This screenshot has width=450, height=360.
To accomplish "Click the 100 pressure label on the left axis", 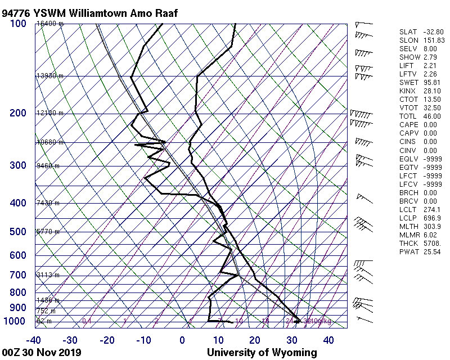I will (x=18, y=24).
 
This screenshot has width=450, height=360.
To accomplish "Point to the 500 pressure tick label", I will (x=18, y=232).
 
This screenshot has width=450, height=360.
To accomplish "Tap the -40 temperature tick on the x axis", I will (x=34, y=340).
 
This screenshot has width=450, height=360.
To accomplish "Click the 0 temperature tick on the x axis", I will (x=182, y=340).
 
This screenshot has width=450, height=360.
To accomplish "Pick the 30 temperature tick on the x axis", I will (x=292, y=340).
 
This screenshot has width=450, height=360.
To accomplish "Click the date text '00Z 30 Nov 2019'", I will (x=42, y=353).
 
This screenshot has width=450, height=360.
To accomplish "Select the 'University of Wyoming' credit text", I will (x=262, y=353).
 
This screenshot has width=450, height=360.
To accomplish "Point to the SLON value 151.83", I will (x=433, y=40).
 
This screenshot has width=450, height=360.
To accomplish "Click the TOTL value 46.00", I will (x=433, y=116).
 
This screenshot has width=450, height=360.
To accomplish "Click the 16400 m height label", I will (x=50, y=24).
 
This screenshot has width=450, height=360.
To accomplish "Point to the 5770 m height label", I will (x=48, y=232).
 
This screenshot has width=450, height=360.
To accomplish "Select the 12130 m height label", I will (x=50, y=114).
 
